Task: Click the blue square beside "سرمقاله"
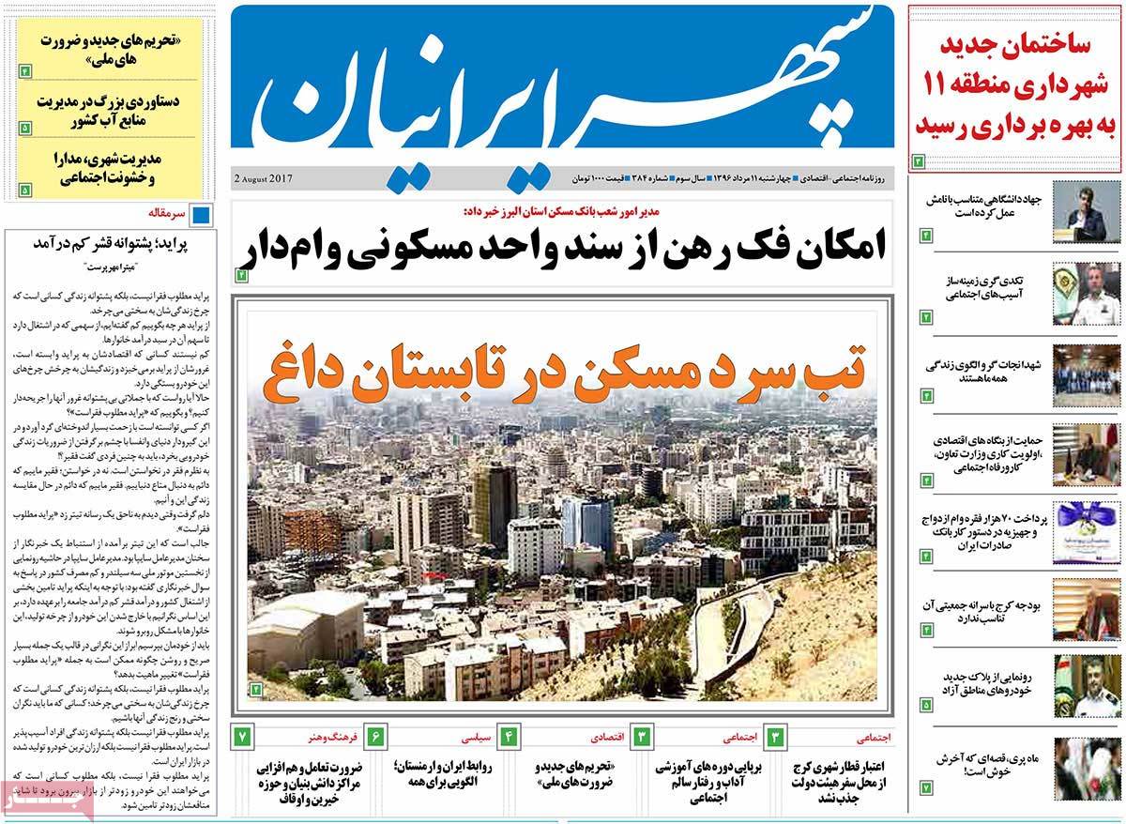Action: tap(201, 215)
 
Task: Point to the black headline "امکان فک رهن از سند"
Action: tap(566, 248)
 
